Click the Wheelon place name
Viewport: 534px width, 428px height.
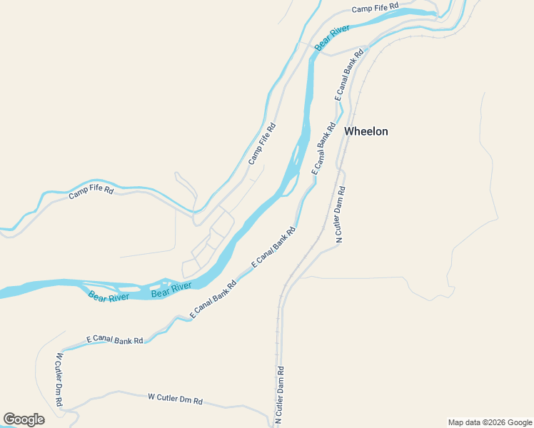click(366, 131)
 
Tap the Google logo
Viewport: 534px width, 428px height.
click(24, 419)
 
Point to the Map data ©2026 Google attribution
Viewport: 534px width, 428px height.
click(490, 422)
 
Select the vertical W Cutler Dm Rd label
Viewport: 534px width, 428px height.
click(59, 379)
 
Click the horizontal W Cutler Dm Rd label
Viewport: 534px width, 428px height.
click(175, 399)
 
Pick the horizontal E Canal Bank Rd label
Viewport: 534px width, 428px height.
click(114, 340)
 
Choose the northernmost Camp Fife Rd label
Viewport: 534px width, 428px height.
click(375, 9)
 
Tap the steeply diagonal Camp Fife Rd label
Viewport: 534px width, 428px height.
click(262, 143)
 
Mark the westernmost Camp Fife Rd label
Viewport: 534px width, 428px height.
click(91, 192)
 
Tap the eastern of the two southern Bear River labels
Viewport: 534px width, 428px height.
click(171, 290)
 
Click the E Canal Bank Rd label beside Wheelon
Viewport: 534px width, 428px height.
click(323, 148)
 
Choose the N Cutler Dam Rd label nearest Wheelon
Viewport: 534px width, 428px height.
click(341, 214)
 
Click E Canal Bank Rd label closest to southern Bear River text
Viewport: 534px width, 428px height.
click(213, 300)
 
